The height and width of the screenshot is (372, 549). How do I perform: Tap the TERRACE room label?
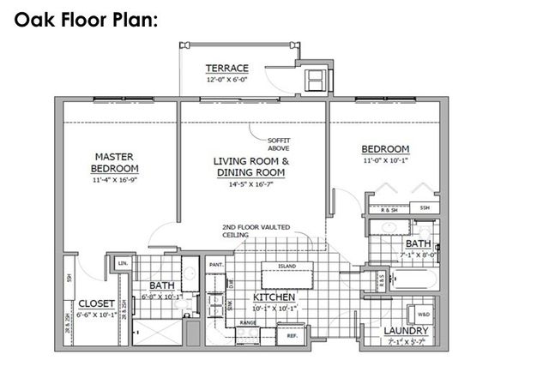click(227, 69)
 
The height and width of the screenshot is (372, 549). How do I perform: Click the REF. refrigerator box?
click(292, 337)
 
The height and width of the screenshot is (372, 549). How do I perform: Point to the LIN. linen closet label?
click(122, 262)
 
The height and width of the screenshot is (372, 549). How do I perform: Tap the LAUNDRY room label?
click(406, 330)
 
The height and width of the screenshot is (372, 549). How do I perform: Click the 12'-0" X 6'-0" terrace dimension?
click(227, 80)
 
